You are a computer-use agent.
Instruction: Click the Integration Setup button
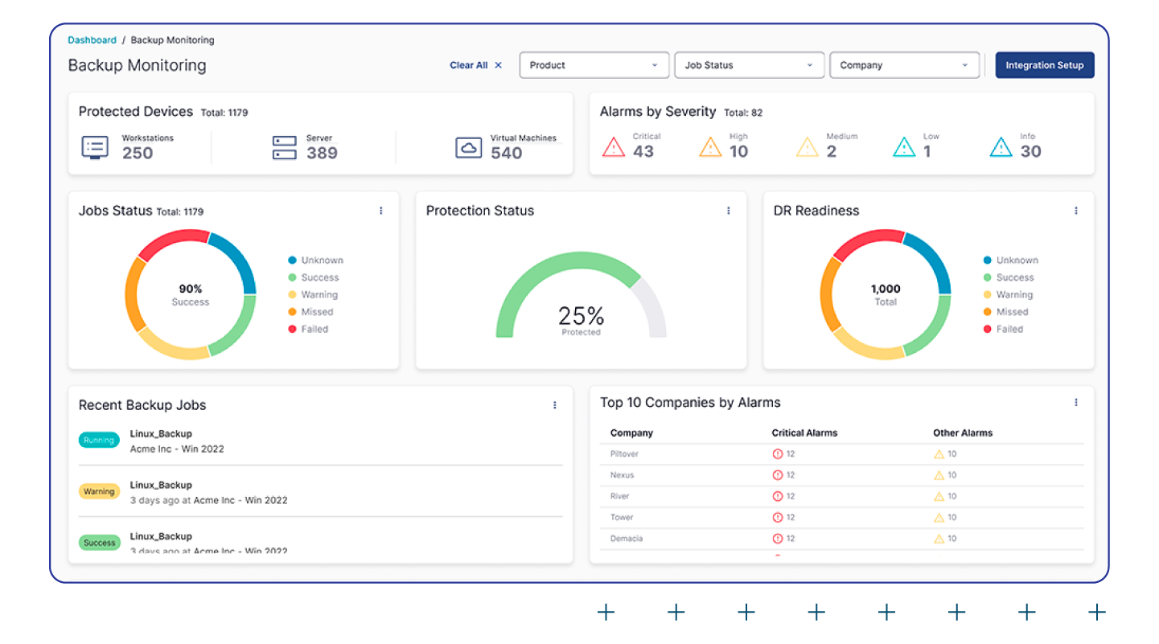click(1044, 65)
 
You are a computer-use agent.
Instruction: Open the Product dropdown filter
click(594, 65)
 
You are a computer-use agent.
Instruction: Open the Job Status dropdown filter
click(749, 65)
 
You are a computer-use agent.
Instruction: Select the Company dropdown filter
click(904, 65)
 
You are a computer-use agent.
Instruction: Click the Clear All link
click(475, 65)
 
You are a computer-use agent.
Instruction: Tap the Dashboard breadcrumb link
click(92, 40)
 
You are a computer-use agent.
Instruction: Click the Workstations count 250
click(138, 153)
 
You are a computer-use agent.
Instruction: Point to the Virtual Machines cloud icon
click(468, 148)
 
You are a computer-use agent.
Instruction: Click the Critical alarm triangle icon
click(614, 147)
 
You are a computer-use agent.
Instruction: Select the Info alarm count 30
click(1030, 151)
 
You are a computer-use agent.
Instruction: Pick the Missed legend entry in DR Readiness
click(1012, 312)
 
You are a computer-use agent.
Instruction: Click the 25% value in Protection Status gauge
click(581, 315)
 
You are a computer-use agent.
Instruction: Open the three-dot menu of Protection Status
click(729, 211)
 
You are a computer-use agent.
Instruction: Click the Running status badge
click(99, 441)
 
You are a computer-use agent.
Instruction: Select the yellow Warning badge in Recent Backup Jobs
click(99, 491)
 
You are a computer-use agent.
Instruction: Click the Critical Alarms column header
click(804, 433)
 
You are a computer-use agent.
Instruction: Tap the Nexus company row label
click(622, 475)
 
